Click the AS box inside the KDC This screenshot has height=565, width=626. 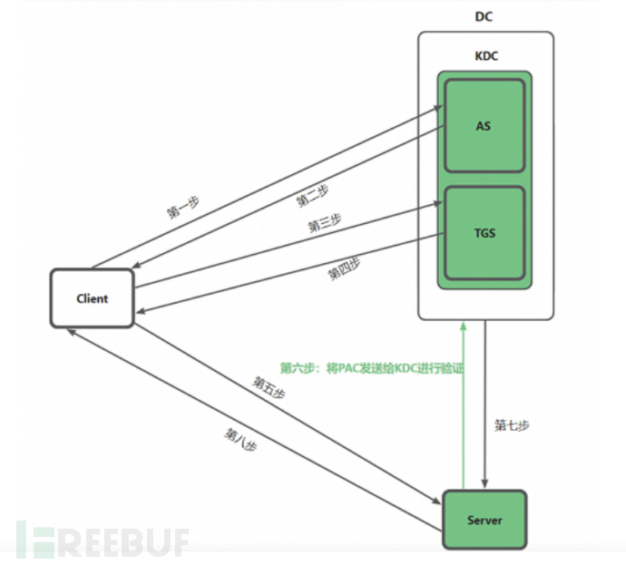coord(484,126)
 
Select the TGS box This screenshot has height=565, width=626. coord(484,233)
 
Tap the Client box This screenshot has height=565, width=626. coord(92,298)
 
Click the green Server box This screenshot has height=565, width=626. coord(484,520)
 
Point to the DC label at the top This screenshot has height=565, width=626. coord(484,17)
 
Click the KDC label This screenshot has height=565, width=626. coord(485,56)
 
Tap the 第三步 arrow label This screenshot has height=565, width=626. coord(325,223)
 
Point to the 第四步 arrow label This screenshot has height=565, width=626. coord(344,269)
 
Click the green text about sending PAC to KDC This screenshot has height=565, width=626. coord(371,368)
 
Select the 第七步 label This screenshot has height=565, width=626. coord(512,424)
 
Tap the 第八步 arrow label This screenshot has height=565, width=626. coord(240,439)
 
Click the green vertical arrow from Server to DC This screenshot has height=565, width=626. coord(464,408)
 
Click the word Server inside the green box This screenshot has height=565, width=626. coord(484,521)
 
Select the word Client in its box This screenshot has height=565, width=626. coord(92,298)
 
